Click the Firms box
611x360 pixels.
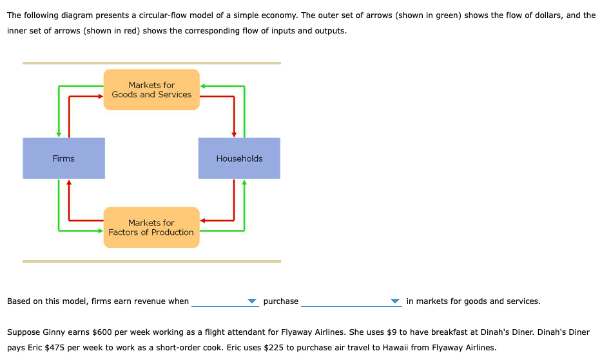(64, 158)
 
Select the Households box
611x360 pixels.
(239, 158)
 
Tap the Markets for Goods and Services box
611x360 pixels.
(151, 90)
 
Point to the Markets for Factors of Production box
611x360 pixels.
(151, 227)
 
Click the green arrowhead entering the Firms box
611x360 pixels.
(59, 134)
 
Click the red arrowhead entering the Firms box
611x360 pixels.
(69, 182)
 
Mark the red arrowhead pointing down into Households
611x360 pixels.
(234, 134)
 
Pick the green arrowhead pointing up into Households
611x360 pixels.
(244, 182)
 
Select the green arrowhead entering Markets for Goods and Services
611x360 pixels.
(203, 86)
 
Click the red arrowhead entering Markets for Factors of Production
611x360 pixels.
(203, 221)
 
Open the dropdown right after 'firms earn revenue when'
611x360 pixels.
(224, 301)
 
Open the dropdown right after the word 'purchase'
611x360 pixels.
(351, 301)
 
